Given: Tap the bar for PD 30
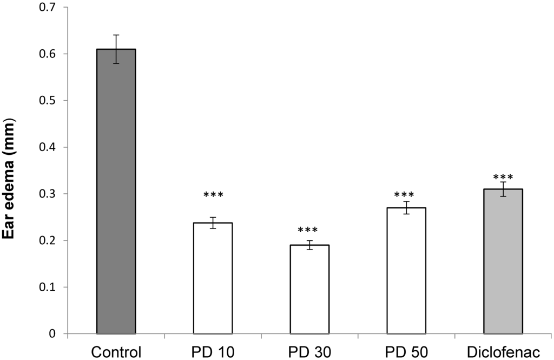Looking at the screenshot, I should (x=309, y=289).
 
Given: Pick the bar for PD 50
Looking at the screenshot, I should (x=406, y=270).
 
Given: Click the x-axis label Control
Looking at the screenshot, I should (x=116, y=351).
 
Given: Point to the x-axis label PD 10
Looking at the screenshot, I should (x=213, y=351).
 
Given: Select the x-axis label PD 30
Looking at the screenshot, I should (x=309, y=351).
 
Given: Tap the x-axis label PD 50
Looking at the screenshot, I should (x=406, y=351).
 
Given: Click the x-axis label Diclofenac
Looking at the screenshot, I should (x=503, y=351).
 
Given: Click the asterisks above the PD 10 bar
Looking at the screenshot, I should (x=213, y=195).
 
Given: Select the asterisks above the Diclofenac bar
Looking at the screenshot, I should (x=503, y=178).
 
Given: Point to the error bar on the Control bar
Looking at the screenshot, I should (x=116, y=49).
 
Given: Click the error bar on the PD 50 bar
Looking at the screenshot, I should (x=406, y=207).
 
